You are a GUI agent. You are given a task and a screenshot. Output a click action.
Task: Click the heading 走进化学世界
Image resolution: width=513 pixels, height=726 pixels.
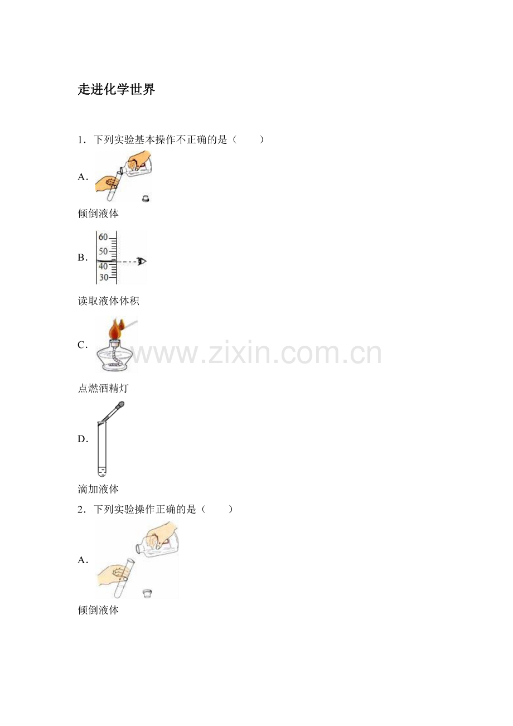(x=117, y=89)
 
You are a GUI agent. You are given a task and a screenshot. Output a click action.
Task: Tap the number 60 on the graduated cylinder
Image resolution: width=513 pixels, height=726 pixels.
(x=103, y=237)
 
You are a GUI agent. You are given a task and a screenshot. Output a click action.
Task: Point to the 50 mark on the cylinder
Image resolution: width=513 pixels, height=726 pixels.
(x=103, y=251)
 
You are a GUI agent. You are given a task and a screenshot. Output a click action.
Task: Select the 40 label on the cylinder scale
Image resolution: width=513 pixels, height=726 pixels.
(x=103, y=267)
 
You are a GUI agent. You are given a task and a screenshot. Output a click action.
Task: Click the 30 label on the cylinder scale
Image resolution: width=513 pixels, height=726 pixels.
(x=103, y=278)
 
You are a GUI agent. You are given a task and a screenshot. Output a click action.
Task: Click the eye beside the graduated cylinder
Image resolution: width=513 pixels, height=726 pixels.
(x=142, y=261)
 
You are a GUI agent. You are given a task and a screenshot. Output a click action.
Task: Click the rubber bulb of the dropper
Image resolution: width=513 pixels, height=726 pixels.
(x=120, y=404)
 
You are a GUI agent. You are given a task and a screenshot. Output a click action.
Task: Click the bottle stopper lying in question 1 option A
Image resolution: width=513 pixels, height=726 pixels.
(x=146, y=199)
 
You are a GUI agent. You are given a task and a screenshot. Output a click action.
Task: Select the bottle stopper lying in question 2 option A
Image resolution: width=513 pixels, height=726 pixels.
(x=147, y=593)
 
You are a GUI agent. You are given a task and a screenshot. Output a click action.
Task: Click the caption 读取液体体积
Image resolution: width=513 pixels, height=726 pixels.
(x=109, y=301)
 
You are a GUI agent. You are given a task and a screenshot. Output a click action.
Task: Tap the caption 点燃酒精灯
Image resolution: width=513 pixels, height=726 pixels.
(x=103, y=388)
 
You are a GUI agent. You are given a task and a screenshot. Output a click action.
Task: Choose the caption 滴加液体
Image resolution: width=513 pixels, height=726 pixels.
(x=98, y=489)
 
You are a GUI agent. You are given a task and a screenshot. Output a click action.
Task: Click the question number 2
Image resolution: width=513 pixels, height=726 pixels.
(x=81, y=510)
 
